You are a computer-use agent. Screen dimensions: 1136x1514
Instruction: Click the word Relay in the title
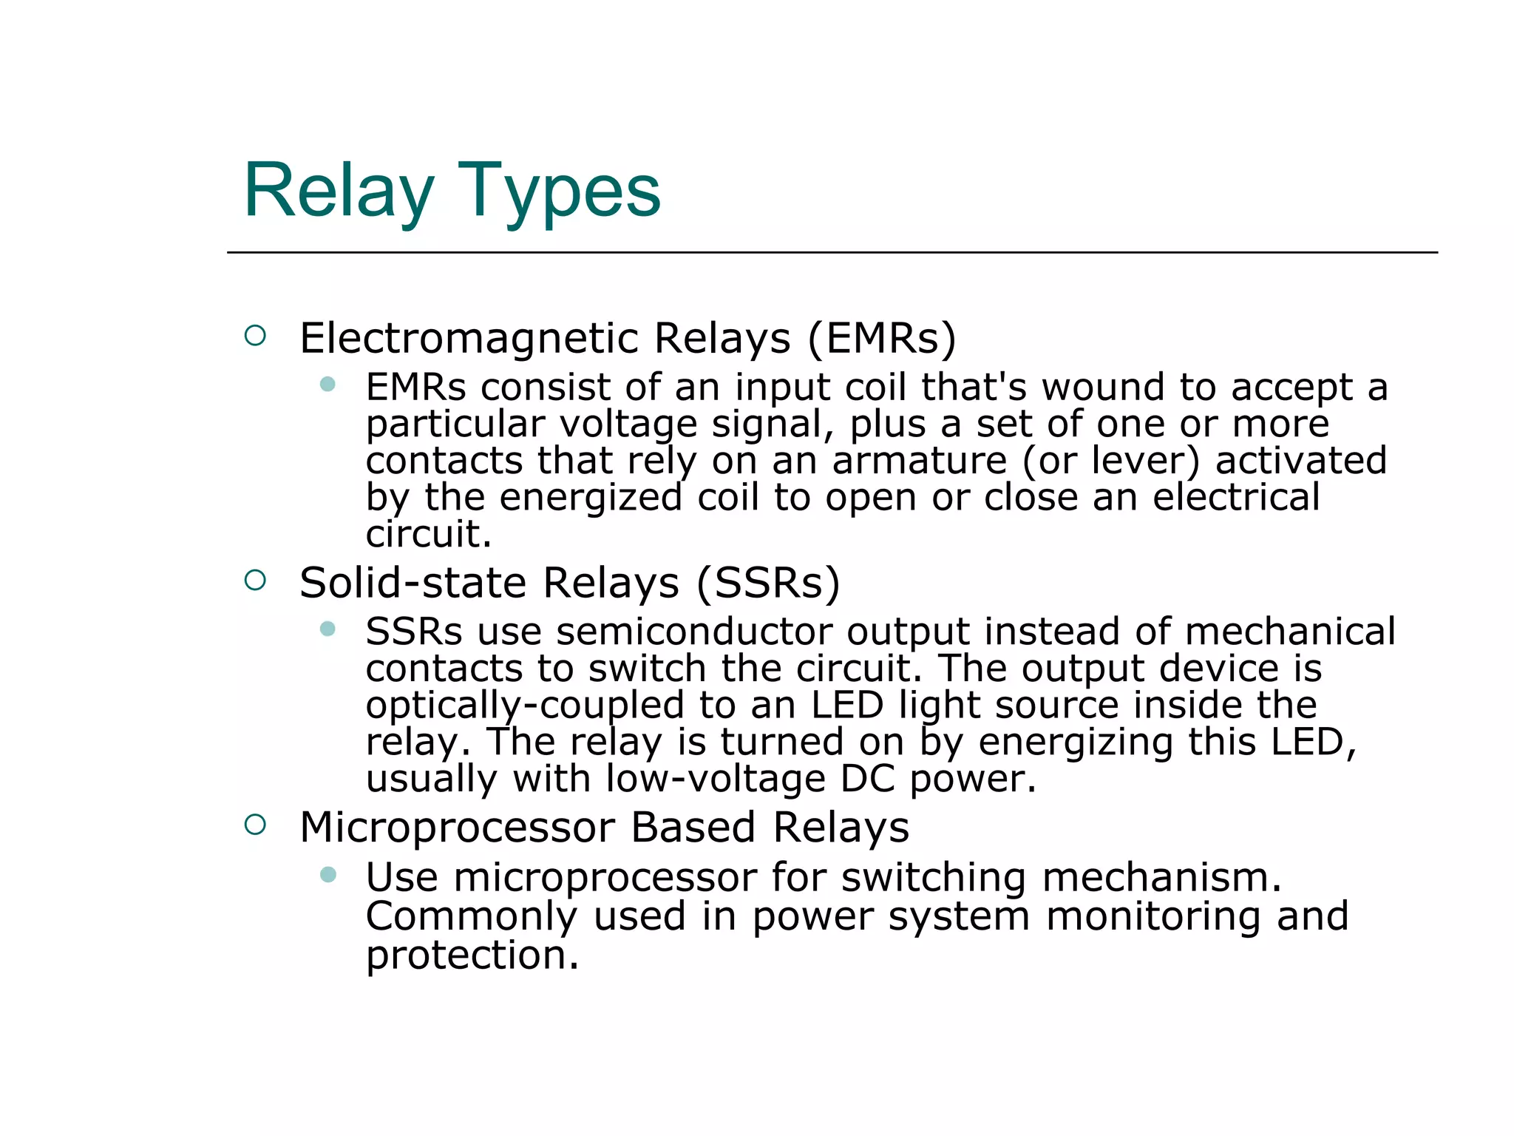click(339, 191)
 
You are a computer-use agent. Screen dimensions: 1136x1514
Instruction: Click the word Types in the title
click(559, 191)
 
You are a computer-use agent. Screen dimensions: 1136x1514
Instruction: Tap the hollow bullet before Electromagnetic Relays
click(255, 336)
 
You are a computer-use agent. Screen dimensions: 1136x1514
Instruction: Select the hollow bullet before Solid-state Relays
click(255, 580)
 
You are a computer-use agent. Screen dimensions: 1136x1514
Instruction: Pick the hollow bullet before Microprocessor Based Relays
click(255, 824)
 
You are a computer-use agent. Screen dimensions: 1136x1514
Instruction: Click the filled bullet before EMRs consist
click(327, 384)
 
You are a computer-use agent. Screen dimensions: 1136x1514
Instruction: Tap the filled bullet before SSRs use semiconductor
click(327, 629)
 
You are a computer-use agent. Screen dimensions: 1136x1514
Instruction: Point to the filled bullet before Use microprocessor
click(327, 875)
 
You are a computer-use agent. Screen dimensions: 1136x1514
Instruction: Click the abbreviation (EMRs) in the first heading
click(882, 339)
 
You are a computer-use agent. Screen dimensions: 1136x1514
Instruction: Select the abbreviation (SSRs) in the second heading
click(768, 583)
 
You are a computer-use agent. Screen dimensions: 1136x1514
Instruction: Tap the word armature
click(919, 461)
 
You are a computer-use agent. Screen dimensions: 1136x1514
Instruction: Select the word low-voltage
click(715, 779)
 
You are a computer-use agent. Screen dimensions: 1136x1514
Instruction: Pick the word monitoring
click(1153, 917)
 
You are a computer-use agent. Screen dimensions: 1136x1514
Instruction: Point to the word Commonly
click(471, 917)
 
